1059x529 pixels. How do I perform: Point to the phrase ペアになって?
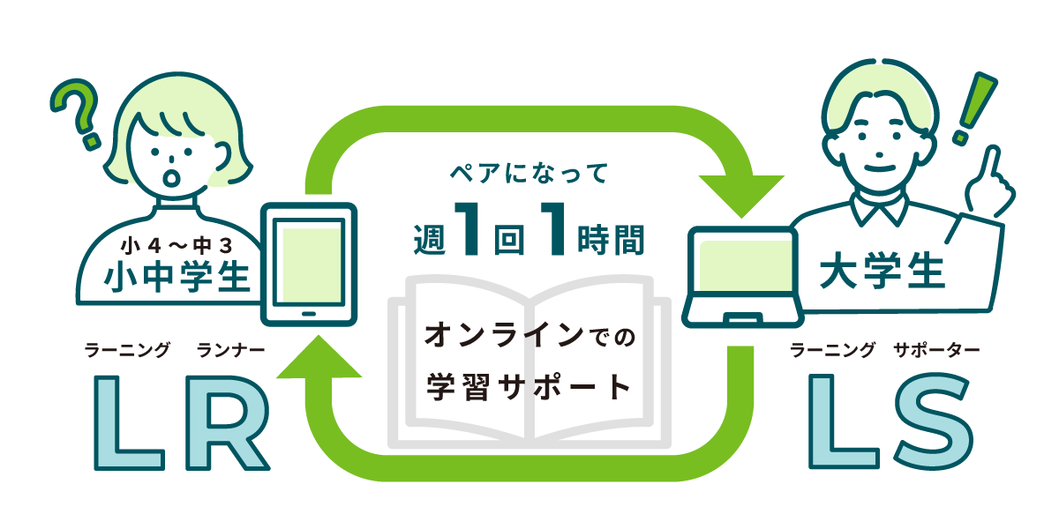tap(529, 174)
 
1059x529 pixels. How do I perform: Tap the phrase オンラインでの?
tap(529, 335)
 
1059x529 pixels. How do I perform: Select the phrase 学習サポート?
tap(529, 387)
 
